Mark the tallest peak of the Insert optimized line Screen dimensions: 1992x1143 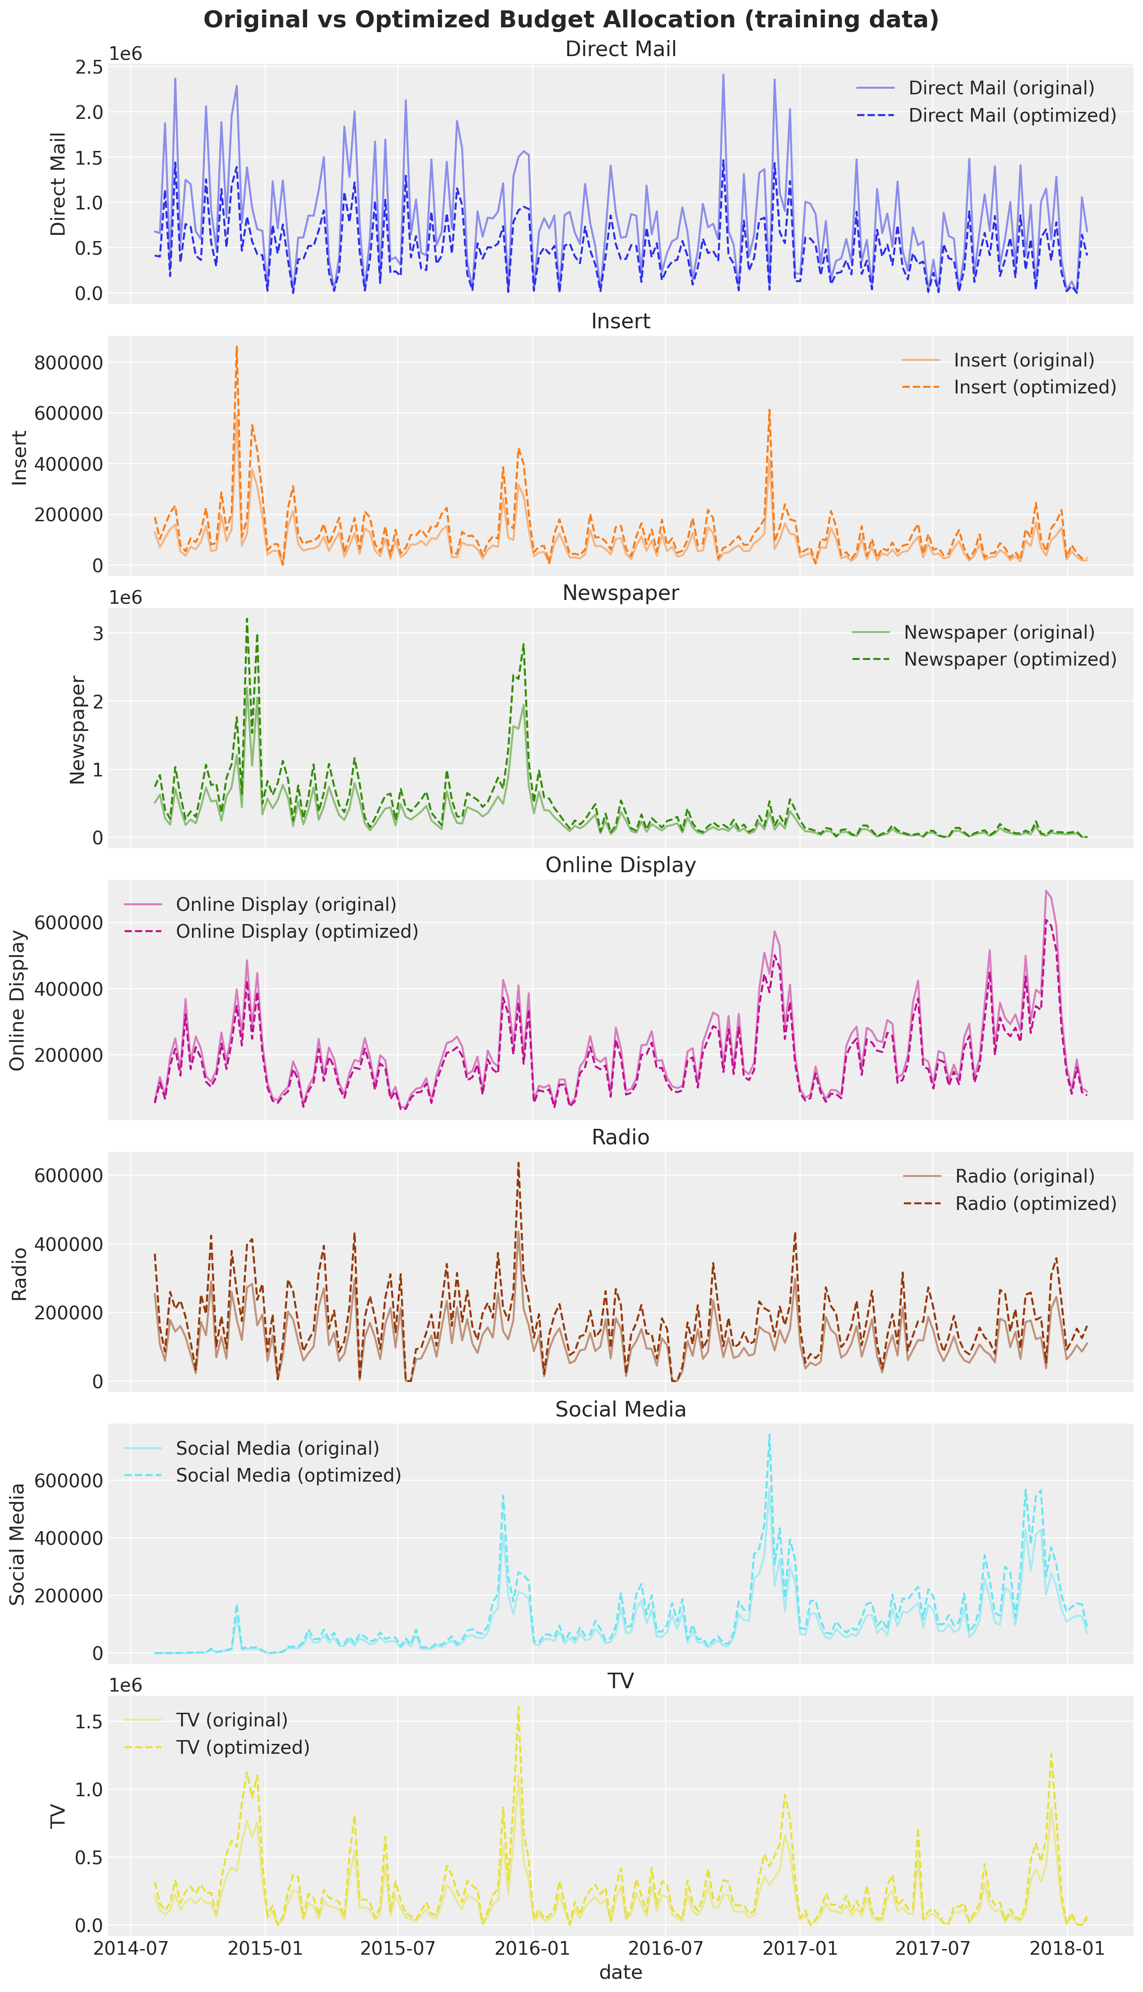pos(236,346)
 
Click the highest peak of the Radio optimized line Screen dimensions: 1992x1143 pos(518,1162)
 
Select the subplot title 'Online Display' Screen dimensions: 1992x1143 pos(620,865)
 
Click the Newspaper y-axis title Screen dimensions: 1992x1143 pos(77,730)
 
